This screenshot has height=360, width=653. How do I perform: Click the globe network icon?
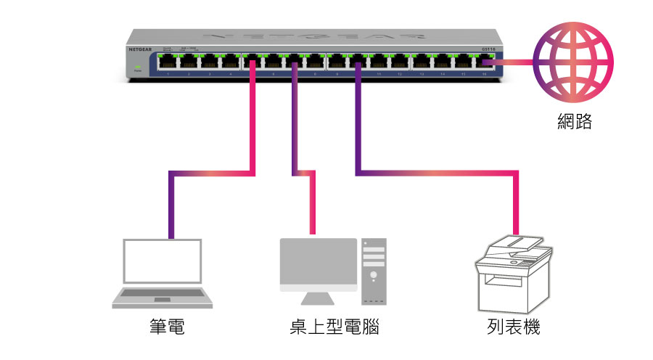click(x=573, y=61)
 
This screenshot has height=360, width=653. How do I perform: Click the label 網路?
click(x=574, y=121)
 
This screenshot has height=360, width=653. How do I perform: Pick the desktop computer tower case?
click(x=374, y=271)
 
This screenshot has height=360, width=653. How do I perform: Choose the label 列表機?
click(x=514, y=327)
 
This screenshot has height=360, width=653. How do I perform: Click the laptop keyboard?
click(x=162, y=295)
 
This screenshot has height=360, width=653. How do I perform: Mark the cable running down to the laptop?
click(x=210, y=173)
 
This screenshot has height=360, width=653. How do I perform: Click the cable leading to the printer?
click(x=435, y=173)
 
